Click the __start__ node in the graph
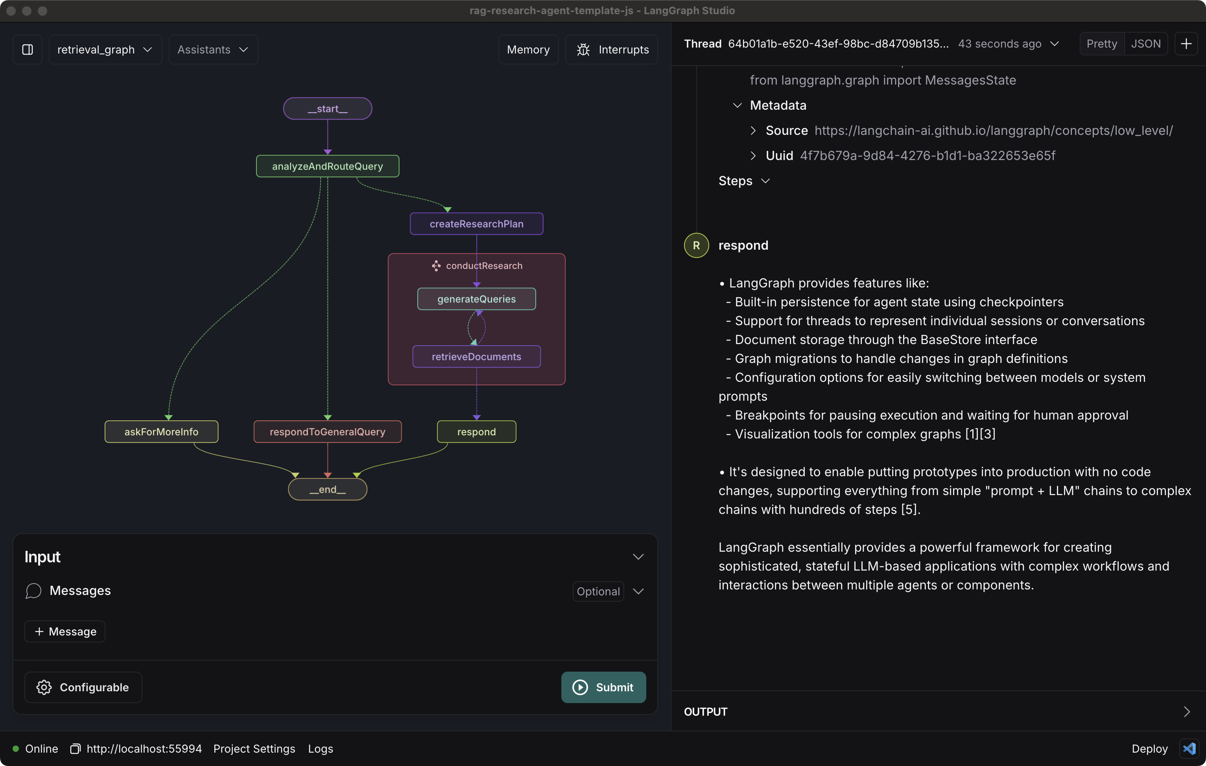pyautogui.click(x=328, y=109)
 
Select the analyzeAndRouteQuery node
pyautogui.click(x=328, y=166)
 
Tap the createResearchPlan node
pyautogui.click(x=476, y=224)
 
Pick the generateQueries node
pyautogui.click(x=476, y=299)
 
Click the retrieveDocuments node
pyautogui.click(x=476, y=357)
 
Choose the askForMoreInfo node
pyautogui.click(x=161, y=432)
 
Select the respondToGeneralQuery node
pyautogui.click(x=328, y=432)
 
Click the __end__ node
pyautogui.click(x=328, y=489)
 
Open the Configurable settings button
pyautogui.click(x=83, y=687)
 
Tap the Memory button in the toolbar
pyautogui.click(x=528, y=50)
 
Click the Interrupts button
pyautogui.click(x=612, y=50)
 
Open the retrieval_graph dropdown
pyautogui.click(x=105, y=50)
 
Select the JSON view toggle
pyautogui.click(x=1146, y=44)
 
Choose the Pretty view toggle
pyautogui.click(x=1102, y=44)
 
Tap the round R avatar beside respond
pyautogui.click(x=696, y=245)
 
